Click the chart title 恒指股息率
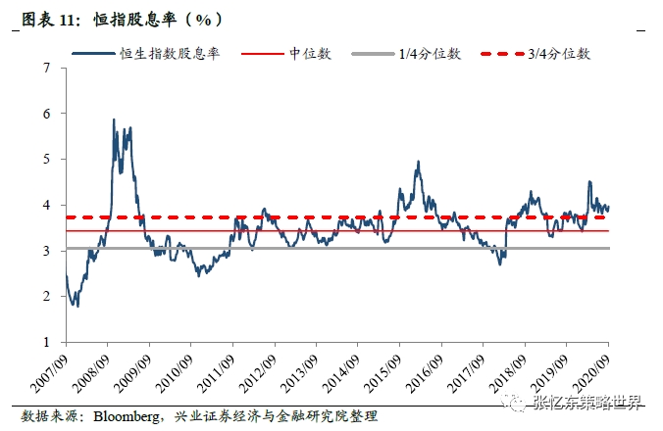tap(118, 19)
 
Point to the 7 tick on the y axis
tap(46, 68)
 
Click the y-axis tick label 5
tap(46, 159)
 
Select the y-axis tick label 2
tap(46, 296)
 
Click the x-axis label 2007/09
tap(51, 371)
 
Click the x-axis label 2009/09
tap(134, 371)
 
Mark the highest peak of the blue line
tap(114, 120)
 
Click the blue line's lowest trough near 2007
tap(76, 306)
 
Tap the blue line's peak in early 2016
tap(418, 163)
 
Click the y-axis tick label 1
tap(46, 342)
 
